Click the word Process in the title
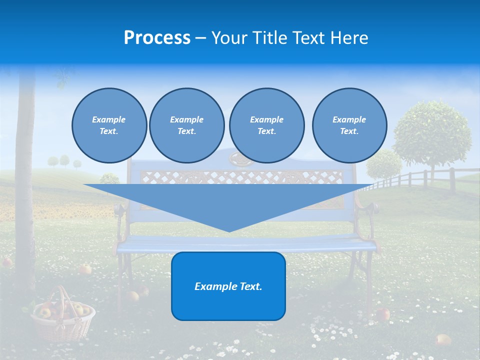point(157,38)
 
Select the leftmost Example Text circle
point(109,125)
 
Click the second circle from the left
point(186,125)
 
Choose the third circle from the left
point(266,125)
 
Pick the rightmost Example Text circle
point(349,125)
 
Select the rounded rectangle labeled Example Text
point(228,286)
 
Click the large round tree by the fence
point(431,132)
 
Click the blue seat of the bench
point(245,243)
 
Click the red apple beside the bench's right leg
point(383,314)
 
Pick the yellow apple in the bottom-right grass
point(442,340)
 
